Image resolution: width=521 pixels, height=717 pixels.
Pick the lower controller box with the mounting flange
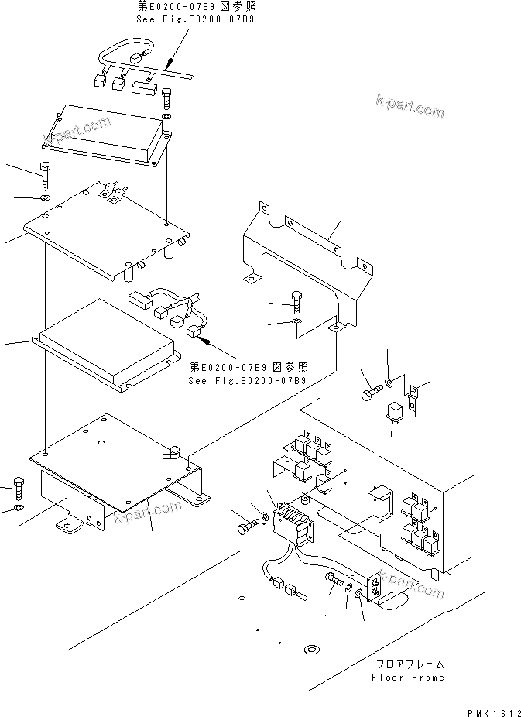point(105,345)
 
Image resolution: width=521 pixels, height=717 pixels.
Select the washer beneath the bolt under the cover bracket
point(299,321)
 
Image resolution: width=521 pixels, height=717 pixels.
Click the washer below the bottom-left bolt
point(19,509)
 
